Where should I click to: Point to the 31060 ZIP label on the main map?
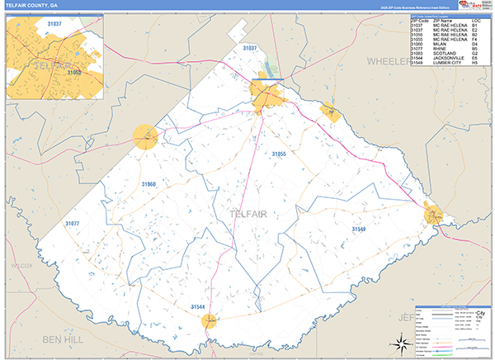tap(148, 183)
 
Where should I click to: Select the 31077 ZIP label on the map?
tap(73, 224)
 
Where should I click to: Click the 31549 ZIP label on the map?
tap(359, 229)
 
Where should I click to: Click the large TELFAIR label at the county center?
tap(248, 215)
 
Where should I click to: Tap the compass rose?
tap(399, 343)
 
